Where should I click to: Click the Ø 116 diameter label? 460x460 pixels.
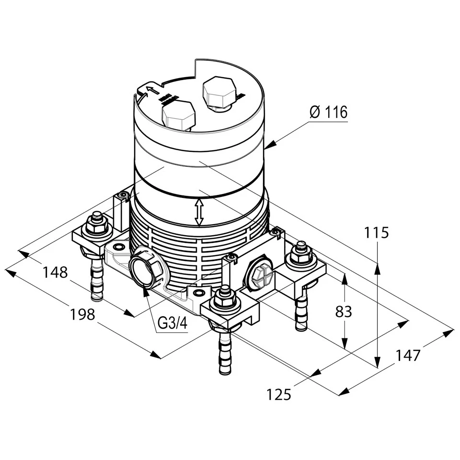(x=328, y=113)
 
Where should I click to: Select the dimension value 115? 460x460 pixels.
(x=376, y=233)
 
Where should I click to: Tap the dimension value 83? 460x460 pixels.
(x=343, y=311)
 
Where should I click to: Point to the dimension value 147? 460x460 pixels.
(x=408, y=356)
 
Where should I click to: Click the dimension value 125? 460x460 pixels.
(x=279, y=394)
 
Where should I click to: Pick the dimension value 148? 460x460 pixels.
(x=55, y=273)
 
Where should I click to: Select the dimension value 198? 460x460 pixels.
(x=82, y=315)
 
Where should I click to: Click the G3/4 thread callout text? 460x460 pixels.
(x=172, y=324)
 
